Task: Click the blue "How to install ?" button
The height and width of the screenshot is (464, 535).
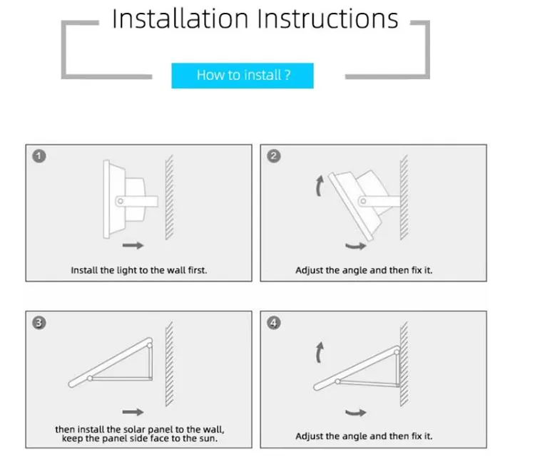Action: [x=243, y=76]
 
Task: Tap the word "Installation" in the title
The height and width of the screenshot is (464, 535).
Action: [x=180, y=19]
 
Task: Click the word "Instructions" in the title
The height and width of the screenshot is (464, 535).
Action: [x=327, y=19]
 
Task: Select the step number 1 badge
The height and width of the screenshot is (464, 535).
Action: [x=39, y=156]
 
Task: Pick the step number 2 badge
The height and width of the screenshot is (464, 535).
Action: [x=274, y=156]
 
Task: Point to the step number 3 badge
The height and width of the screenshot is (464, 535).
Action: [x=39, y=322]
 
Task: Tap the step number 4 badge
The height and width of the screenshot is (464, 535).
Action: [x=274, y=322]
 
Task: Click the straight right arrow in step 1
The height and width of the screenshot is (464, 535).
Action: [x=133, y=245]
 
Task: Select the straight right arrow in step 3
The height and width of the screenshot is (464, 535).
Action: [x=133, y=412]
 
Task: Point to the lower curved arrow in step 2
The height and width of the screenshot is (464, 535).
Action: [x=355, y=246]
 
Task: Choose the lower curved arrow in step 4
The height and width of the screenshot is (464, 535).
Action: [x=355, y=413]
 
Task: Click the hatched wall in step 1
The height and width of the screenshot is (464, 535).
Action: [x=169, y=197]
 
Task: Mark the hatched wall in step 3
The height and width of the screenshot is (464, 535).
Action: [x=169, y=364]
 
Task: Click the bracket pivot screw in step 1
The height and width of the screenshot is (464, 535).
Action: [x=120, y=201]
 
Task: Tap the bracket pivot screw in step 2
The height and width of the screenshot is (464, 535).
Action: [x=363, y=201]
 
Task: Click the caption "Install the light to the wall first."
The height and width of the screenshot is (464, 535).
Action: [x=139, y=270]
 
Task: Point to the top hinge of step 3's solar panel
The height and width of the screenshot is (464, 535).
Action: [x=150, y=346]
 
